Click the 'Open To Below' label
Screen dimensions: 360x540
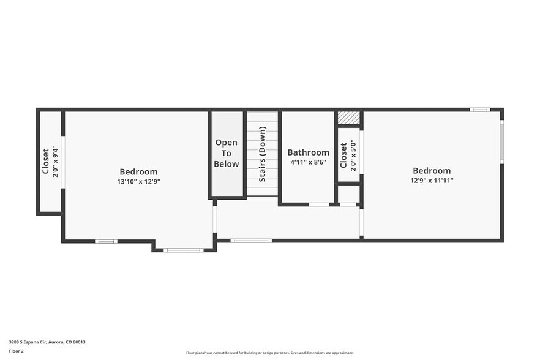click(227, 153)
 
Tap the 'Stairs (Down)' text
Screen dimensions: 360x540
click(262, 154)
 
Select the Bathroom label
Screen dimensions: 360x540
click(308, 152)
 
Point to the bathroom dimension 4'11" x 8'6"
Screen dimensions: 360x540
click(307, 163)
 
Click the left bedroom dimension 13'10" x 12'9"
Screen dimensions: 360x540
click(138, 182)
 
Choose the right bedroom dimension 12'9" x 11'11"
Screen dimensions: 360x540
click(432, 181)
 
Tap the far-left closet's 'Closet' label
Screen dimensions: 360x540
click(46, 162)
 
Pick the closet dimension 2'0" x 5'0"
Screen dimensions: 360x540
click(353, 156)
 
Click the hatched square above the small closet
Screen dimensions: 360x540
click(348, 118)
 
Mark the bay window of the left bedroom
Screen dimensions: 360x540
click(184, 250)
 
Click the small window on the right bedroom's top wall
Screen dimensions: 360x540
click(479, 110)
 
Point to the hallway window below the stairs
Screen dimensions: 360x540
click(251, 241)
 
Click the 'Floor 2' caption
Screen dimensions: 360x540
click(17, 351)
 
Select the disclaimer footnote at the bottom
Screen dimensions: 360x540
click(269, 353)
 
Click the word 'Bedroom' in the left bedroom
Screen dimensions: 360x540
click(138, 172)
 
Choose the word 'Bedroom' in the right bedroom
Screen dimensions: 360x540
click(432, 171)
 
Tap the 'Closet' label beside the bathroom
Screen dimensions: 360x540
click(343, 156)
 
